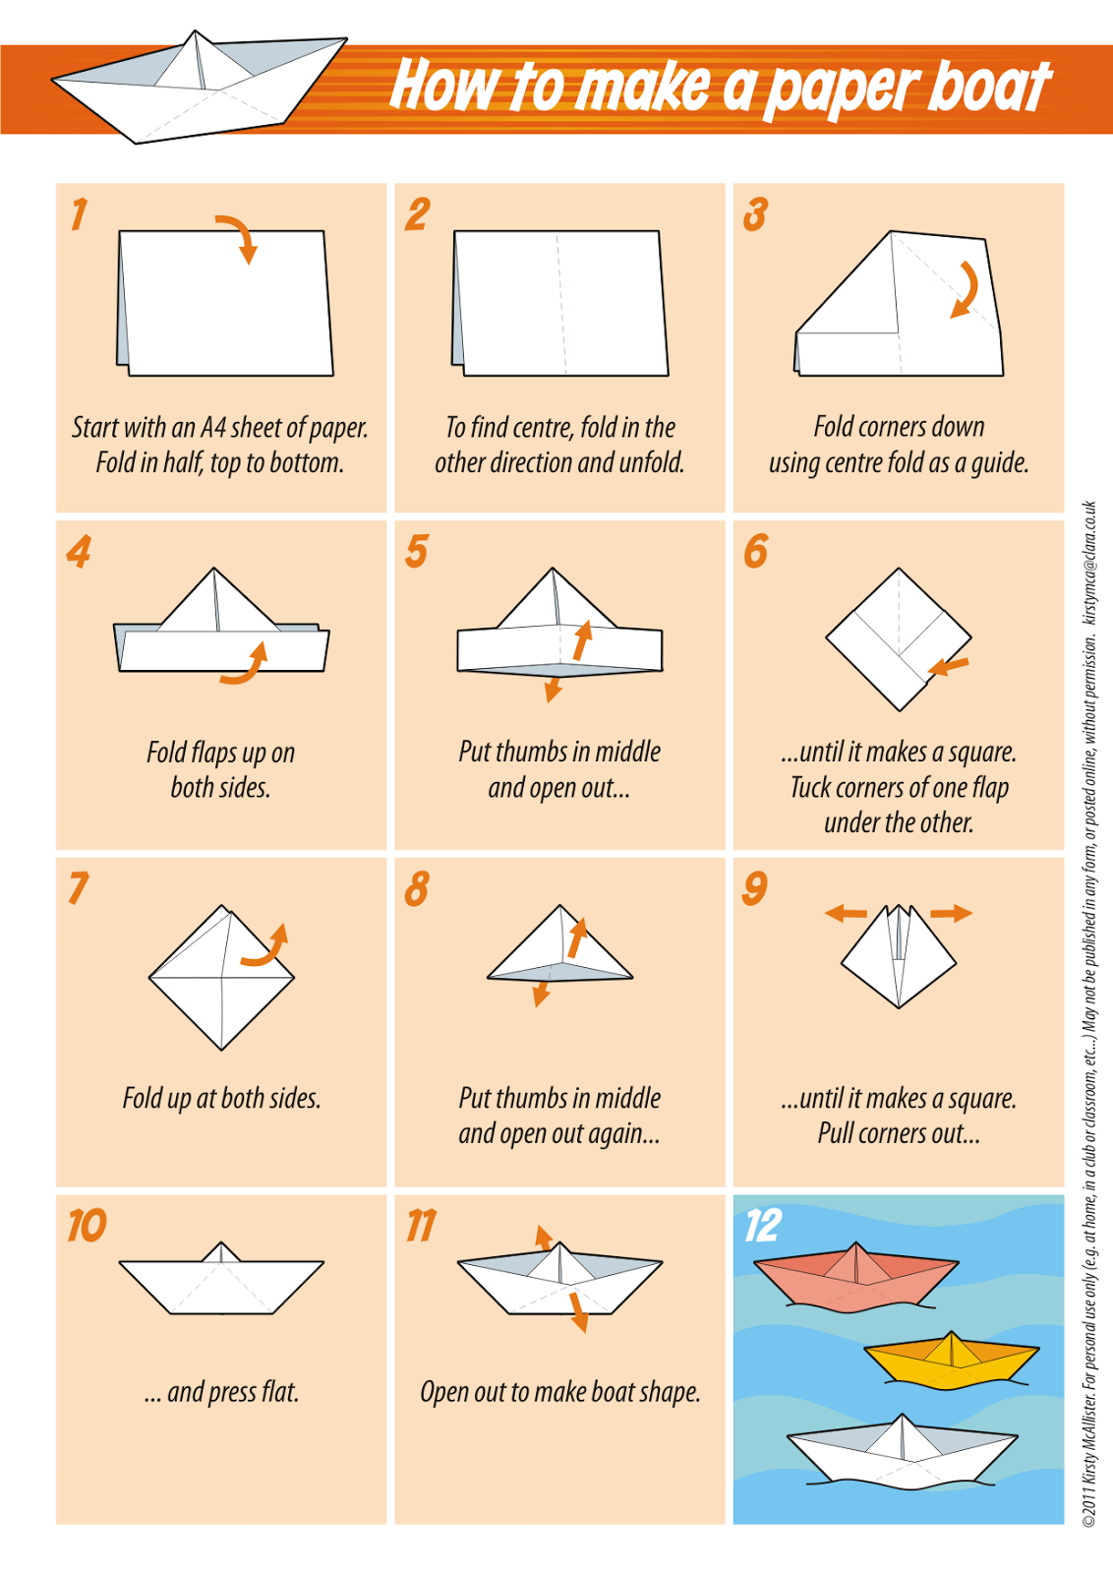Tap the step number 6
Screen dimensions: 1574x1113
click(755, 551)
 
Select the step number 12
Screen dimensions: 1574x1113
click(762, 1225)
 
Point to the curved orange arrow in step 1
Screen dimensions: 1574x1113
click(239, 237)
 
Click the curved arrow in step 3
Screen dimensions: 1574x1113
click(966, 290)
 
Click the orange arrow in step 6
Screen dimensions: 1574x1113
click(948, 667)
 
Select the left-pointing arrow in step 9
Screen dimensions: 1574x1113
click(846, 914)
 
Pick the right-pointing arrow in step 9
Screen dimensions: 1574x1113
click(951, 914)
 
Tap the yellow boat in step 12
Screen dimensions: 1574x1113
click(951, 1361)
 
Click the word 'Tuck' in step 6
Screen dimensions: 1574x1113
click(811, 788)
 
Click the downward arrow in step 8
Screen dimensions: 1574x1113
click(541, 993)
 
